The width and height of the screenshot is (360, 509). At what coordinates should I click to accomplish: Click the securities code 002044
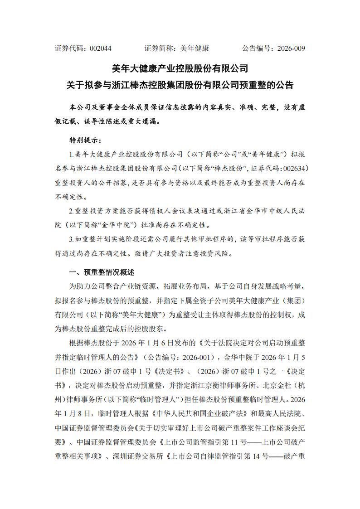101,48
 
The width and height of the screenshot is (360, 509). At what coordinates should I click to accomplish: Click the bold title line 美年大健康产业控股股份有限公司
180,68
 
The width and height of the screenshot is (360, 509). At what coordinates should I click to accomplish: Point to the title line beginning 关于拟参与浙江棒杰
180,85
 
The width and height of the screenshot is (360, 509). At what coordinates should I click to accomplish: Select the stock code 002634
295,168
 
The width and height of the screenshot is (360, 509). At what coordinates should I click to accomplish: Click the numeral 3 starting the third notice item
71,239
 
